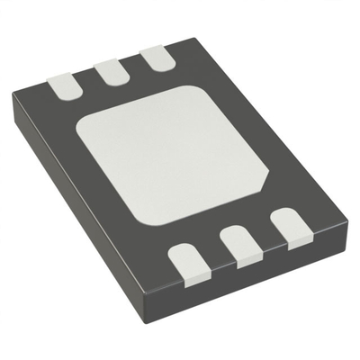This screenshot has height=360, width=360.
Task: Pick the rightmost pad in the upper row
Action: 157,59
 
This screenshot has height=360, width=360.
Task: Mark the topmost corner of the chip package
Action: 189,38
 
